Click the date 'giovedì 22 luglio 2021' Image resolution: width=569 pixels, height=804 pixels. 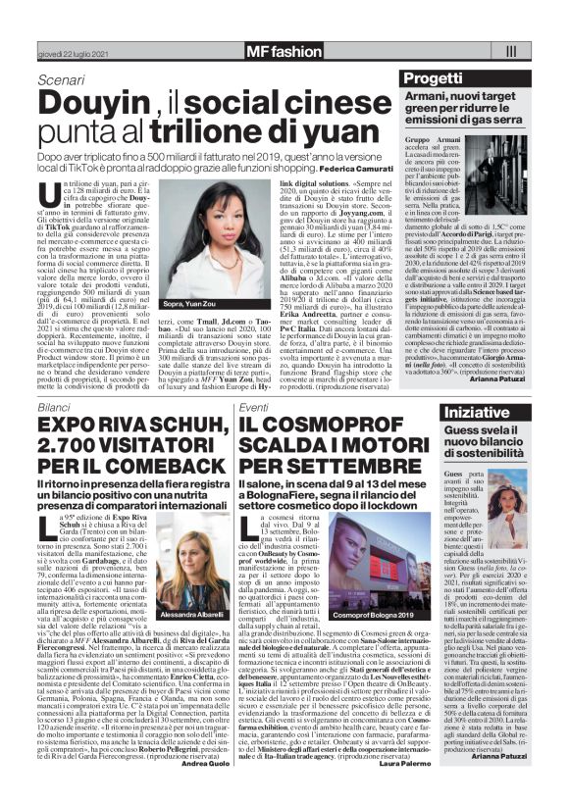point(67,54)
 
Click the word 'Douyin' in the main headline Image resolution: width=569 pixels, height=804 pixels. point(96,101)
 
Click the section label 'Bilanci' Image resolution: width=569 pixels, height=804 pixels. point(55,405)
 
